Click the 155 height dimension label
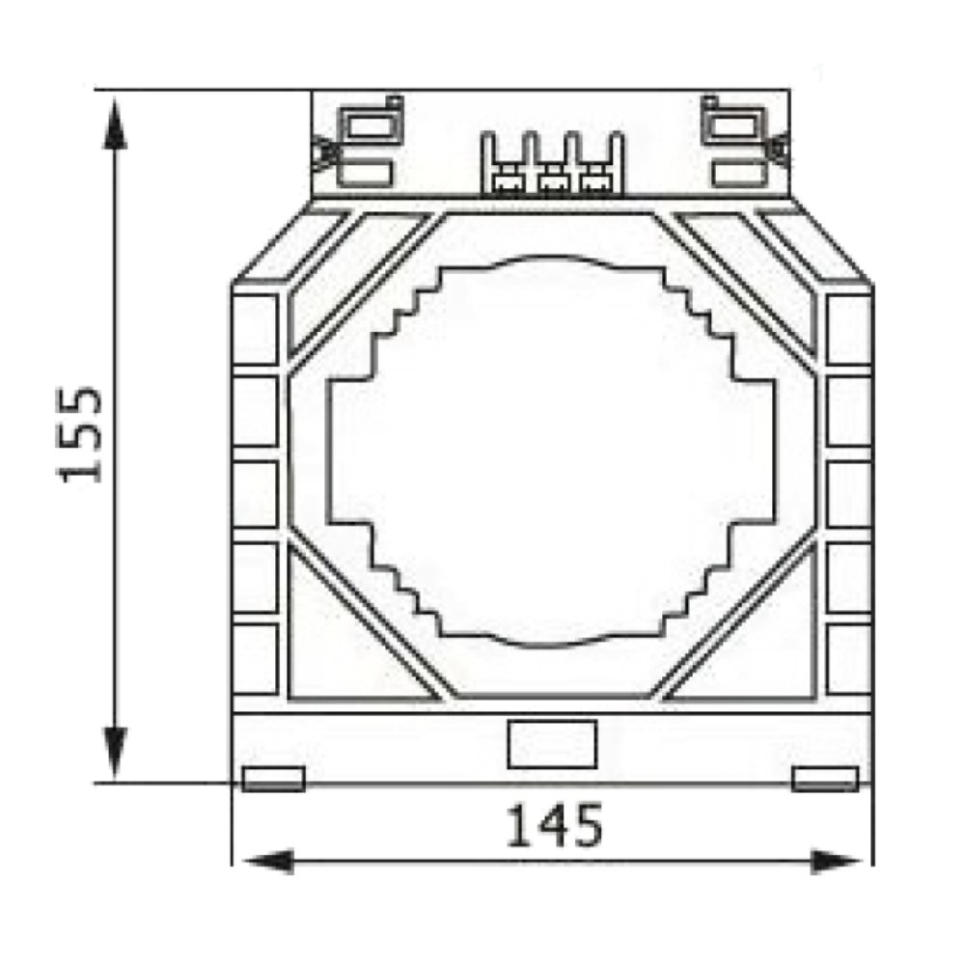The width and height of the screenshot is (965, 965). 79,434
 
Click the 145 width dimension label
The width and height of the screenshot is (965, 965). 554,825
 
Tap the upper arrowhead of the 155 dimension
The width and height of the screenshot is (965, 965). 115,124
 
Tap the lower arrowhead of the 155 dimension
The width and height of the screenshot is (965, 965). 115,752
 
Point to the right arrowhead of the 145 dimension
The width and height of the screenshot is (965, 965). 836,862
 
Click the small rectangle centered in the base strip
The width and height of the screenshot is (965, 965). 552,744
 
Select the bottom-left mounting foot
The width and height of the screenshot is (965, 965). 273,779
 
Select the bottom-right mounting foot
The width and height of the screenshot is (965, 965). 825,779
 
